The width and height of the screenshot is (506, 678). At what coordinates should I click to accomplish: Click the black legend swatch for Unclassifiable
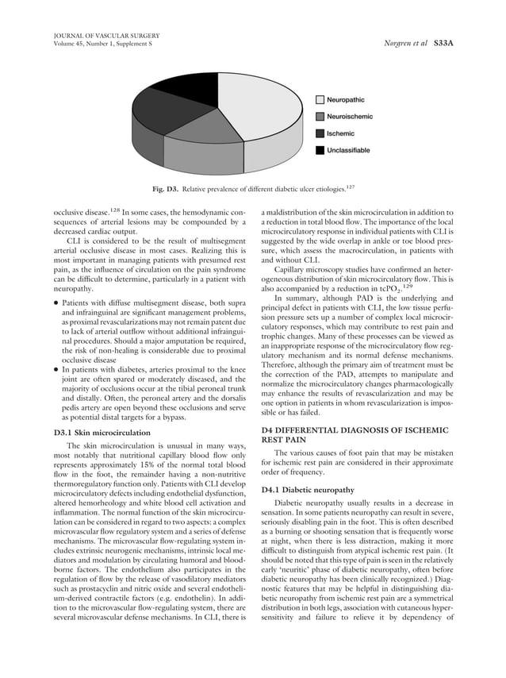[320, 149]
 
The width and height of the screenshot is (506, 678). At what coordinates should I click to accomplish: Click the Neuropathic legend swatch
[320, 100]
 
